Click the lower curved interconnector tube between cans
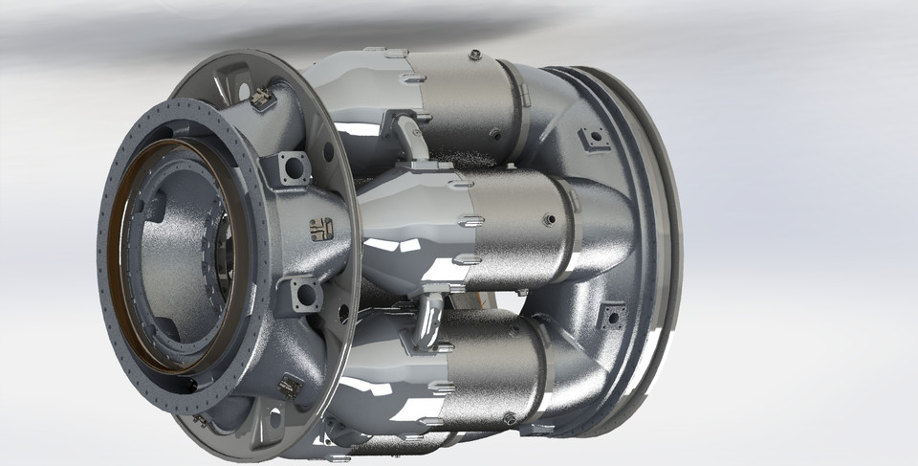428,321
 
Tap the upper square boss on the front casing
292,169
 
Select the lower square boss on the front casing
301,293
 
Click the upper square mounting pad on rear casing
596,139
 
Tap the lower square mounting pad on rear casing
609,317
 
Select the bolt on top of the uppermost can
474,55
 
